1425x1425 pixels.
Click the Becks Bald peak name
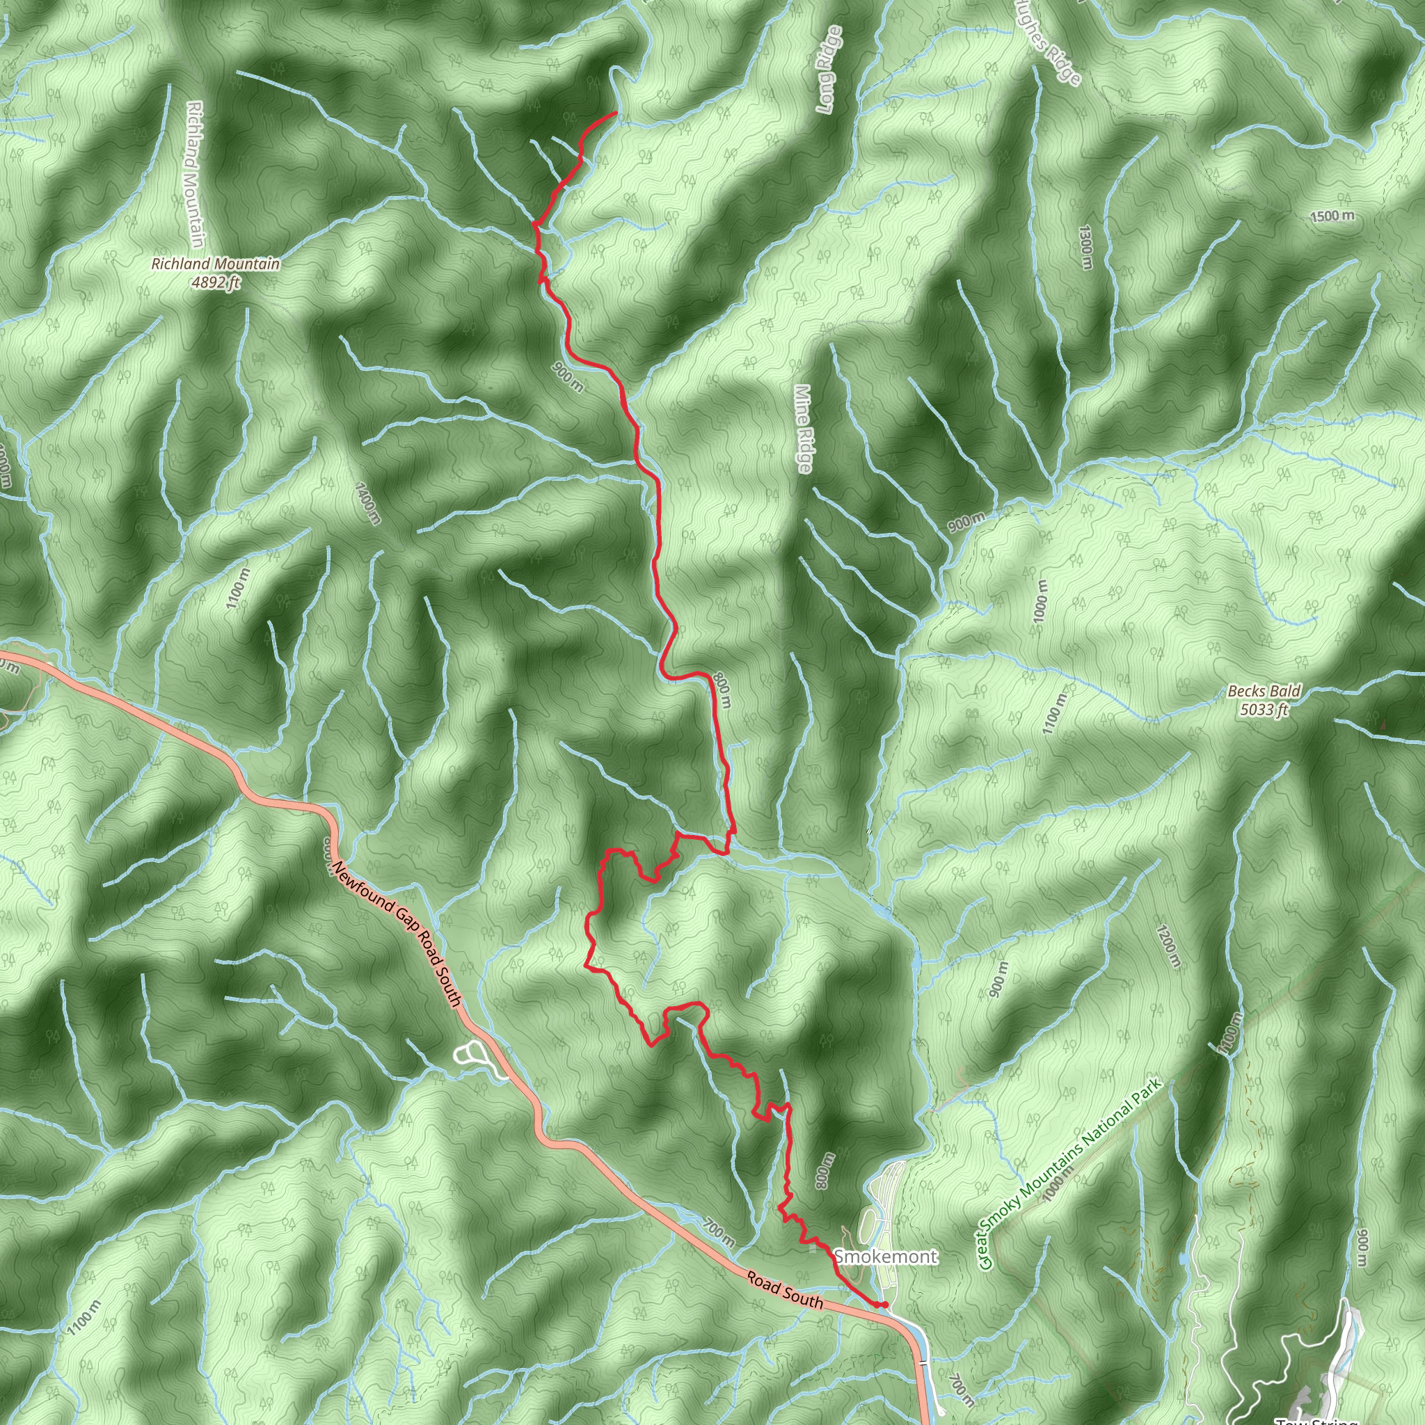click(x=1264, y=691)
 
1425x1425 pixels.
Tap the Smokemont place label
click(x=885, y=1256)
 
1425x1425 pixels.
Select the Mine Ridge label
click(x=803, y=428)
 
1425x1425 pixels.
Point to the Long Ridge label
click(x=829, y=70)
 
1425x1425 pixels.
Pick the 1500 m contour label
click(x=1332, y=216)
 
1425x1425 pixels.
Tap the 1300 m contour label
click(x=1084, y=247)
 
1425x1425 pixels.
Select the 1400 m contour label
click(x=367, y=503)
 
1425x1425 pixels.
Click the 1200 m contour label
click(x=1168, y=946)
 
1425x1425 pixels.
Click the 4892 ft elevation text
click(x=216, y=282)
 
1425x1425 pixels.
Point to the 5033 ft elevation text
click(x=1264, y=710)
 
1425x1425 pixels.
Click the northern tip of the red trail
click(x=616, y=113)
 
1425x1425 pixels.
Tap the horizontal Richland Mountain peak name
click(x=216, y=263)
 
